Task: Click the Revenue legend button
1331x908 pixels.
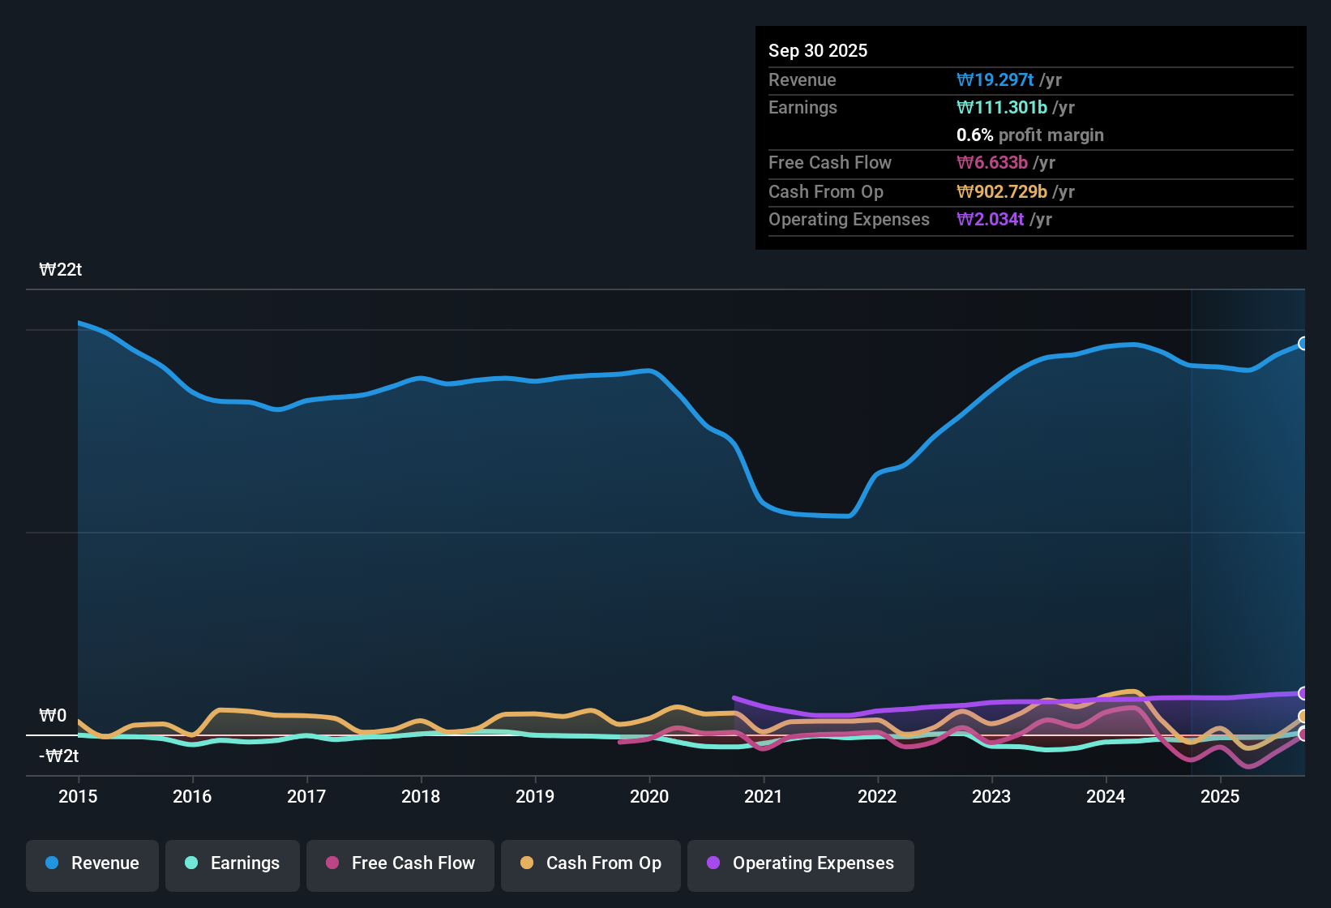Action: (x=92, y=863)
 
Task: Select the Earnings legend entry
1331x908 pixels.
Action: (x=232, y=863)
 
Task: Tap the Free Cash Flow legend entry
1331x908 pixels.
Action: (x=400, y=863)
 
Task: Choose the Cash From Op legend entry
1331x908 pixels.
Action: (x=591, y=863)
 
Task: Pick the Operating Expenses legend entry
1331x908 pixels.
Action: (x=800, y=863)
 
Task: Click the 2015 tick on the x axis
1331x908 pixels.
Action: (x=78, y=796)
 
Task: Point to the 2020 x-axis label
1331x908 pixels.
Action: (x=649, y=796)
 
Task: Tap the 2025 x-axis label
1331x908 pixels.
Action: (x=1220, y=796)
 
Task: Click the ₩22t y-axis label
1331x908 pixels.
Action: (x=61, y=270)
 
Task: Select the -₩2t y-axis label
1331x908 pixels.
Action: (x=59, y=756)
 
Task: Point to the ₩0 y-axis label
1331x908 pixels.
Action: (x=53, y=716)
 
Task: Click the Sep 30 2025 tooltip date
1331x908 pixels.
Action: (x=817, y=50)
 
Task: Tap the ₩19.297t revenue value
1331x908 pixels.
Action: (x=995, y=79)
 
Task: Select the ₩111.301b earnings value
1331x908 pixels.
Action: (x=1001, y=107)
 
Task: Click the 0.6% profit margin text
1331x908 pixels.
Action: (x=1029, y=135)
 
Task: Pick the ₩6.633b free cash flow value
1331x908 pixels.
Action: (x=992, y=162)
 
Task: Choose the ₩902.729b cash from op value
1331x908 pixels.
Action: (x=1001, y=191)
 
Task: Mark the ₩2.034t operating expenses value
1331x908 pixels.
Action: (x=990, y=219)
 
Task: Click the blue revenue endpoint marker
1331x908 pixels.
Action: (x=1303, y=344)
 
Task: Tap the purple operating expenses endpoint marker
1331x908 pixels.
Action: (x=1303, y=693)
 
